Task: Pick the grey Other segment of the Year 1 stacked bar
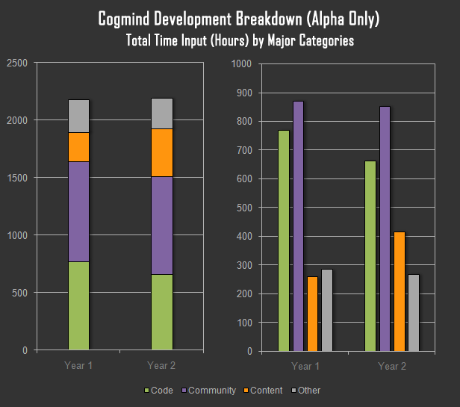(x=78, y=116)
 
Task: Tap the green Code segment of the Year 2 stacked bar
(x=161, y=311)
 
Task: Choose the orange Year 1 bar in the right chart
(x=312, y=313)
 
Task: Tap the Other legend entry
(x=309, y=391)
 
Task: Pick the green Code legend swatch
(x=146, y=391)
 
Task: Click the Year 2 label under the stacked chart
(x=161, y=365)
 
